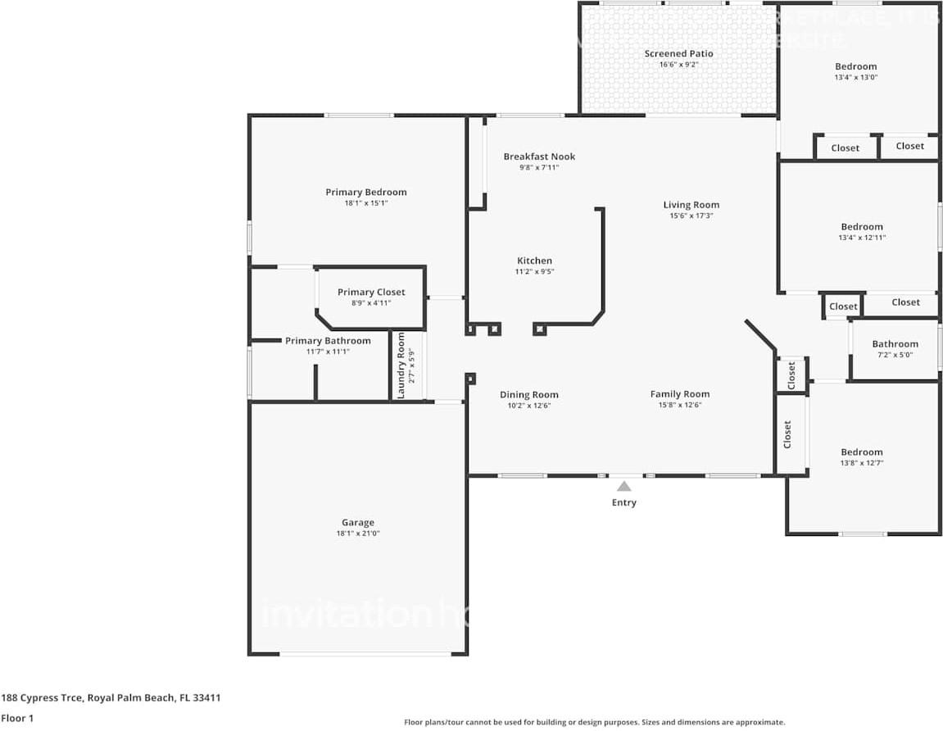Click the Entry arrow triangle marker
[624, 486]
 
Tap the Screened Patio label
[678, 53]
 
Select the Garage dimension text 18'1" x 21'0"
[358, 533]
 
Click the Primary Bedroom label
[365, 192]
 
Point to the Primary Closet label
[371, 292]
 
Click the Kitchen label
[533, 261]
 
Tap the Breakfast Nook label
[539, 157]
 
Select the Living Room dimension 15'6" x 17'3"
[691, 216]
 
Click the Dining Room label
[528, 394]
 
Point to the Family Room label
[680, 394]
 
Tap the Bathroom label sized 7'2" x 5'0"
[895, 344]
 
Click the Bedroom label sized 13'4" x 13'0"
[855, 66]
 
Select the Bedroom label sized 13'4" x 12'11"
[861, 227]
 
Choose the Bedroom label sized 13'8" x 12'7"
[861, 452]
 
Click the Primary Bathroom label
[328, 341]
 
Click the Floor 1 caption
[16, 719]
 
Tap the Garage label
[358, 522]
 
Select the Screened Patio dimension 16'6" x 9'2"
[678, 65]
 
